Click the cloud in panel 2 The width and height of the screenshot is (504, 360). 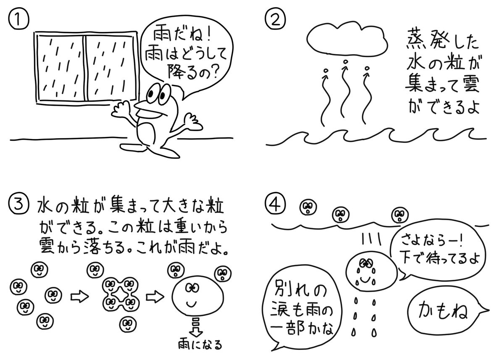pos(346,36)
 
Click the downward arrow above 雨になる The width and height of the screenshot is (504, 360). pos(194,329)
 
